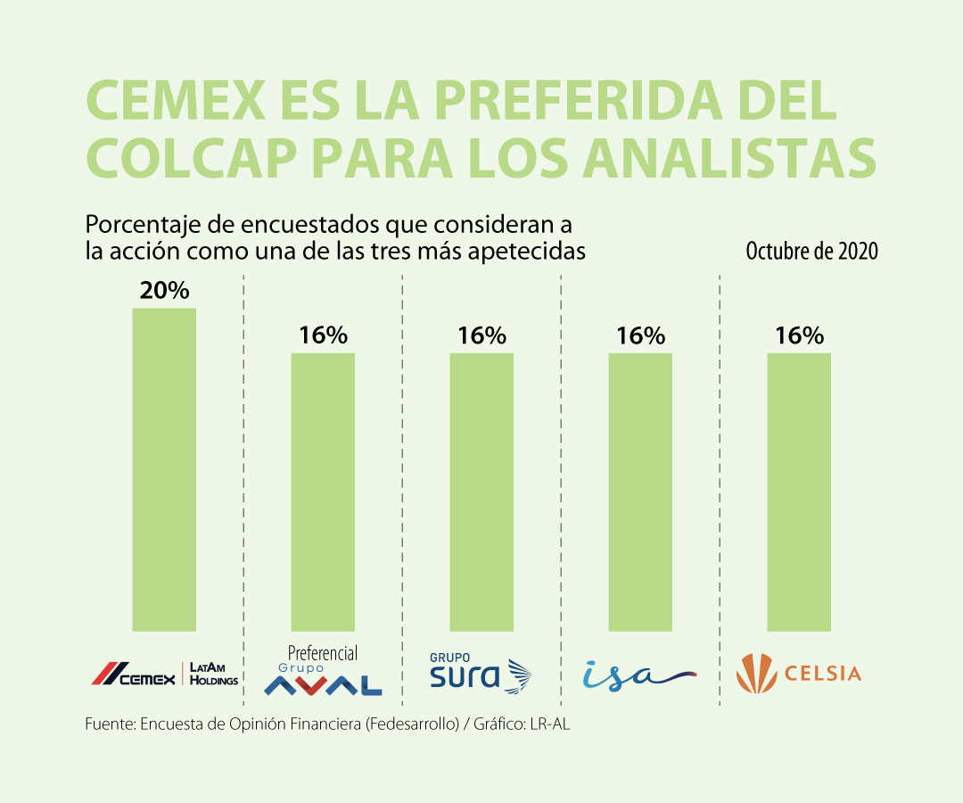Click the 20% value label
(x=164, y=291)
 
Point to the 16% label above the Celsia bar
(x=799, y=336)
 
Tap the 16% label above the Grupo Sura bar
(x=481, y=336)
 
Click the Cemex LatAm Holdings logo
(x=165, y=674)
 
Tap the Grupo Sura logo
(x=480, y=674)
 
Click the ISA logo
(x=638, y=675)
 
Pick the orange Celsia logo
(x=799, y=674)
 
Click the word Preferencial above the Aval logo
(x=323, y=653)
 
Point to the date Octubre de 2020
(x=811, y=252)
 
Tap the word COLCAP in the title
(x=187, y=159)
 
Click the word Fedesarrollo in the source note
(x=420, y=724)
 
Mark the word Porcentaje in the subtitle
(x=134, y=222)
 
